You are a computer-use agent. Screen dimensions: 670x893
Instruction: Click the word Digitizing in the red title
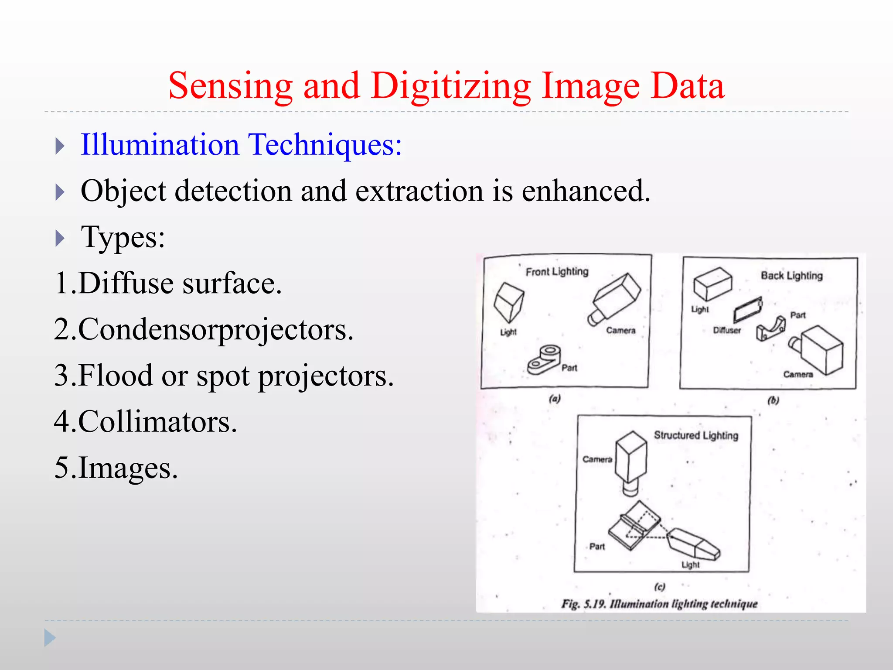[450, 86]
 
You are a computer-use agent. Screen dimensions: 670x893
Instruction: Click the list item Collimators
[146, 422]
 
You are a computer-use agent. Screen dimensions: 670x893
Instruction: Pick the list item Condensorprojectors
[204, 329]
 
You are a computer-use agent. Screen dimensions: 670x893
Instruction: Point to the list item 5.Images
[116, 468]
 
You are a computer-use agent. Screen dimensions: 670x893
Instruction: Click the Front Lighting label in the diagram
[557, 272]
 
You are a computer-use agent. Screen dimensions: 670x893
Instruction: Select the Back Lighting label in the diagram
[791, 276]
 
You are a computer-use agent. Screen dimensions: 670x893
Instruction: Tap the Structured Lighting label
[696, 435]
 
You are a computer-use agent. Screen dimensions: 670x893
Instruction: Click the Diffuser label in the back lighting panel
[727, 330]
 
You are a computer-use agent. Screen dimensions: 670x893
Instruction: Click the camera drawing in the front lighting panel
[615, 298]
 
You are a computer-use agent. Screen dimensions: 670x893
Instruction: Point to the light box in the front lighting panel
[508, 302]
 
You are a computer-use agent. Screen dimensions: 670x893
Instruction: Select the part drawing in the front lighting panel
[544, 359]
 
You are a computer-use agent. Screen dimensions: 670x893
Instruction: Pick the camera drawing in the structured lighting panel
[631, 461]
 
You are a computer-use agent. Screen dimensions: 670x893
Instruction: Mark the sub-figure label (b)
[773, 400]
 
